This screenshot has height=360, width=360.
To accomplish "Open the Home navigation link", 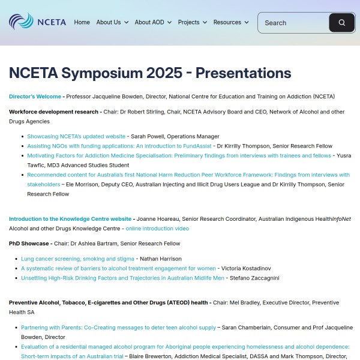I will tap(82, 22).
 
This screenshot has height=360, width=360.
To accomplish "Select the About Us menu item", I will tap(112, 22).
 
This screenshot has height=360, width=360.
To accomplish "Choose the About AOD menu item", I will tap(153, 22).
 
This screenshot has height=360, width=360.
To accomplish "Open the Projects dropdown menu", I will tap(192, 22).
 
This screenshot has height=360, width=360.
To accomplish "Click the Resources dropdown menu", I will tap(230, 22).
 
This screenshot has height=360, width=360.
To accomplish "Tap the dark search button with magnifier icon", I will tap(341, 23).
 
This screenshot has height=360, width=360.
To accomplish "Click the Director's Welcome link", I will tap(35, 97).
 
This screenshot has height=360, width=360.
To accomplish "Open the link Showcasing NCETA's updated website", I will tap(76, 136).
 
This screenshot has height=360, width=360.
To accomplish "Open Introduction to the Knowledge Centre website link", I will tap(70, 219).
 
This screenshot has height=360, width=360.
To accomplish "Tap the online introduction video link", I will tap(157, 229).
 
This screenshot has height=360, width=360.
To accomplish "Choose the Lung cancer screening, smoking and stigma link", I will tap(77, 259).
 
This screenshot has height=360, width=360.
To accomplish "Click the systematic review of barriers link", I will tap(118, 268).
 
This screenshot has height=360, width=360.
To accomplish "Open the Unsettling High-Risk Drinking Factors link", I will tap(122, 278).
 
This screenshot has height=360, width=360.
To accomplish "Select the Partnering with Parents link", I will tap(118, 328).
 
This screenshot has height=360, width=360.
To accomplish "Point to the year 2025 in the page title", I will tap(160, 73).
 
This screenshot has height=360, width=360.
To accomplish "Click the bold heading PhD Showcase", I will tap(29, 244).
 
